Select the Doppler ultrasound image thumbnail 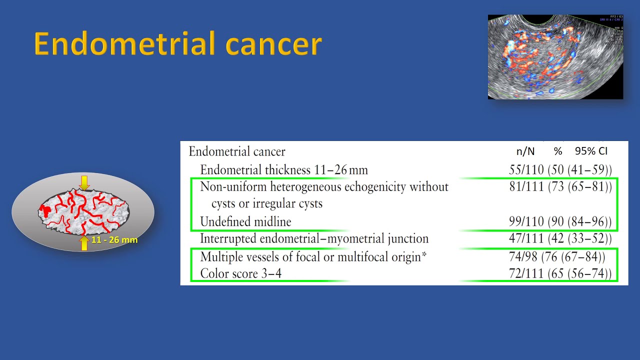coord(555,56)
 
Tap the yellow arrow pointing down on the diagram coord(84,183)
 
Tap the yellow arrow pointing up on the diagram coord(84,243)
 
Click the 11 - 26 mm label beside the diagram coord(114,240)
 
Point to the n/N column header coord(525,151)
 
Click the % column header coord(558,151)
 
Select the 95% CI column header coord(591,151)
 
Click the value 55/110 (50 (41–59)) coord(560,170)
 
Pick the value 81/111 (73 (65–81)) coord(560,187)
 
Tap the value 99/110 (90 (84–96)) coord(560,221)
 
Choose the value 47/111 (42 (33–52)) coord(560,239)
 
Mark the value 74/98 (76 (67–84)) coord(557,257)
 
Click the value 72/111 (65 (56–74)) coord(560,274)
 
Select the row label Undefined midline coord(245,221)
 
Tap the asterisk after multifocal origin coord(424,255)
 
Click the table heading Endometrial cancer coord(237,151)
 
